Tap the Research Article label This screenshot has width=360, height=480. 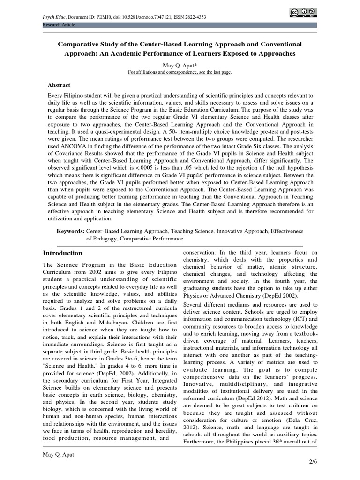[59, 24]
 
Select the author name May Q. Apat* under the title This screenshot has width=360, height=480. [180, 65]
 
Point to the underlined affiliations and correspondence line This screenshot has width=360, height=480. [180, 72]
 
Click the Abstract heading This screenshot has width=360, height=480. [59, 85]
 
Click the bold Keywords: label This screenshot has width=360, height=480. [70, 231]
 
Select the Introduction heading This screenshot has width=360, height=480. [62, 253]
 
